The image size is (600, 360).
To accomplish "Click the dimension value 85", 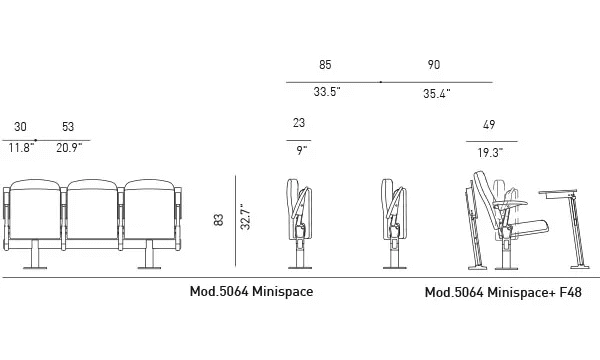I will (x=325, y=65).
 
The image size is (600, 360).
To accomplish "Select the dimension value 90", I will (x=433, y=65).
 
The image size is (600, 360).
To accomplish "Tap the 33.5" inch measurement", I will (x=327, y=92).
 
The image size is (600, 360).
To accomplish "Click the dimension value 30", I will (x=21, y=127).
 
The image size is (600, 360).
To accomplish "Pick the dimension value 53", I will (x=68, y=127).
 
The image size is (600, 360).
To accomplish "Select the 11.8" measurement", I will (x=22, y=148).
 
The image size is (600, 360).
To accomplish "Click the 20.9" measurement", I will (x=69, y=148).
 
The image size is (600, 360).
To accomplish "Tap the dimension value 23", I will (x=299, y=124).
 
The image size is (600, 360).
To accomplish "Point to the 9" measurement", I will (x=300, y=151).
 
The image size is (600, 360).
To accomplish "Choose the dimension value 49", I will (x=489, y=126).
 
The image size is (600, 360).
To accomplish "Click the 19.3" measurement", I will (x=489, y=153).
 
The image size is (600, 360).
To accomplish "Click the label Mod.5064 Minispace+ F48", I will (x=503, y=293).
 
